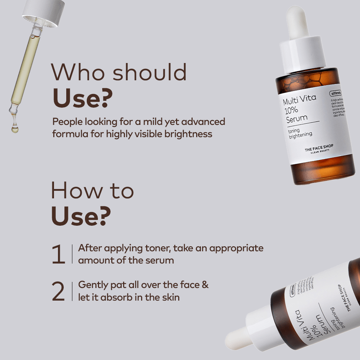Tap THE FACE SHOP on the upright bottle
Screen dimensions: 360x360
pyautogui.click(x=319, y=147)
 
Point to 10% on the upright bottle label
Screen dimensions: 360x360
pyautogui.click(x=292, y=110)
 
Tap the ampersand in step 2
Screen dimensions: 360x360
pyautogui.click(x=205, y=285)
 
